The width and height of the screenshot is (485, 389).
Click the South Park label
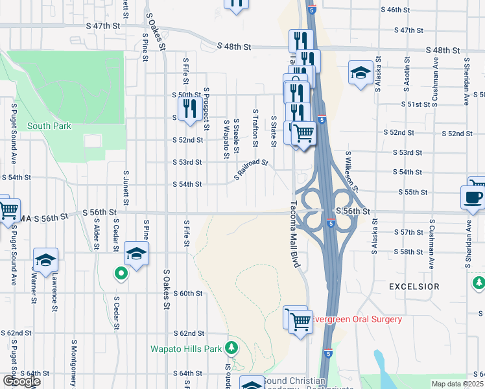pyautogui.click(x=49, y=126)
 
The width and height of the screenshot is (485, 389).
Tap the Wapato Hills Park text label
pyautogui.click(x=187, y=349)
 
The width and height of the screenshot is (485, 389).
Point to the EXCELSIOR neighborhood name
pyautogui.click(x=414, y=286)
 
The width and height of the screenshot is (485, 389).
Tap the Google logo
pyautogui.click(x=21, y=381)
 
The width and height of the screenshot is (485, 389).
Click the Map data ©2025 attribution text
pyautogui.click(x=458, y=384)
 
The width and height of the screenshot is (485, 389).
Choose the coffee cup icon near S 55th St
pyautogui.click(x=472, y=196)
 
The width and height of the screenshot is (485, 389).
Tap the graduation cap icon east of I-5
pyautogui.click(x=359, y=73)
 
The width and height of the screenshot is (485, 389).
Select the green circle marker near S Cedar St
pyautogui.click(x=120, y=274)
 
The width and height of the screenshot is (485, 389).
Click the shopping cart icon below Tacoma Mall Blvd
pyautogui.click(x=300, y=321)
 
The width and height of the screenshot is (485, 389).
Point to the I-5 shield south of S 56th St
pyautogui.click(x=331, y=224)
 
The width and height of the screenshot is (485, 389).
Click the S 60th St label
pyautogui.click(x=189, y=293)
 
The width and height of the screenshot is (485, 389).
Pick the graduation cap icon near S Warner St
pyautogui.click(x=46, y=260)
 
